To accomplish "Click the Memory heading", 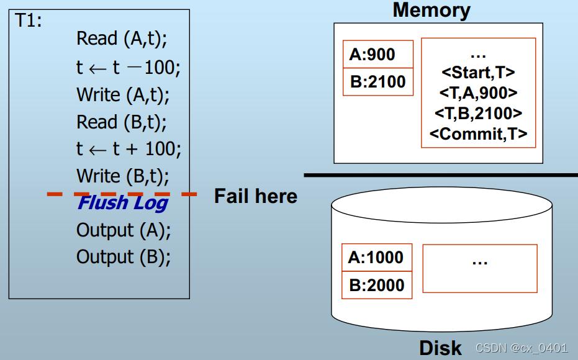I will [431, 11].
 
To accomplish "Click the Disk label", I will [440, 348].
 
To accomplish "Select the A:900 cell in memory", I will [378, 55].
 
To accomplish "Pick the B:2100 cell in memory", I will [378, 82].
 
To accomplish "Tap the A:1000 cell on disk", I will [376, 257].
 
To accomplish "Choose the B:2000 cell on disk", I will [376, 285].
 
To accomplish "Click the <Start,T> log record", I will [478, 73].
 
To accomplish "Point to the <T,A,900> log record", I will [478, 93].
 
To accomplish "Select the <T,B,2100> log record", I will [478, 114].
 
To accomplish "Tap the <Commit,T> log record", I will [478, 133].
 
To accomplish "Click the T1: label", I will [29, 20].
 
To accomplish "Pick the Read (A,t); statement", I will [122, 38].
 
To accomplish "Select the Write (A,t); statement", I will [123, 94].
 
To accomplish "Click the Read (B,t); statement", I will [122, 122].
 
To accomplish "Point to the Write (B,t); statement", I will [123, 176].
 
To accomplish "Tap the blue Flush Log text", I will [122, 202].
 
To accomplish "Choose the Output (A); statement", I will [123, 230].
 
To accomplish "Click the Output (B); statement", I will [123, 256].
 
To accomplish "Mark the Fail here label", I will [255, 197].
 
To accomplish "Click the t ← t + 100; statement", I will [129, 149].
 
